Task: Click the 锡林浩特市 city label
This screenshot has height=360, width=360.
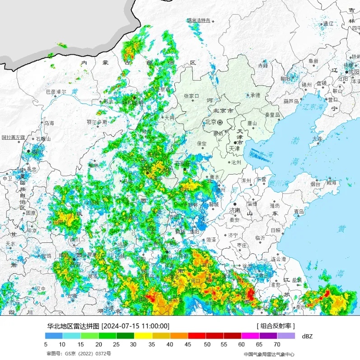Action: point(199,20)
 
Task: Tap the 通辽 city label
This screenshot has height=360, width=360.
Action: point(328,24)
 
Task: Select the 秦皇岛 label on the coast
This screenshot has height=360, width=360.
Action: point(272,114)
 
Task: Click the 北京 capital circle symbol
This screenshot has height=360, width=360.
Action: point(220,122)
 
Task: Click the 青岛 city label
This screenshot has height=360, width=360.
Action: point(299,211)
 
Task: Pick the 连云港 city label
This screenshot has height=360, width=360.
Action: point(278,259)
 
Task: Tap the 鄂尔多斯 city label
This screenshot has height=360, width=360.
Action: point(97,122)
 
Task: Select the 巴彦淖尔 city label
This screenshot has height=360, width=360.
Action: point(56,91)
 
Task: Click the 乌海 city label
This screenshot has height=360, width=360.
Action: point(49,123)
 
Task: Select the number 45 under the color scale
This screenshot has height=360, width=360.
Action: point(188,344)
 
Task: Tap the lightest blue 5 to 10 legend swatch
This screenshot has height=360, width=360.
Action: point(54,336)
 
